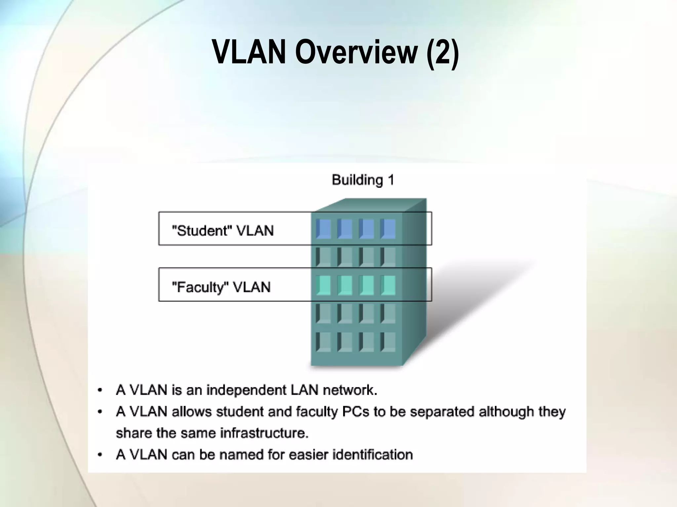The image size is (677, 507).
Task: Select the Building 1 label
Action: pyautogui.click(x=363, y=180)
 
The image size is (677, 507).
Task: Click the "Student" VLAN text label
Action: pyautogui.click(x=223, y=230)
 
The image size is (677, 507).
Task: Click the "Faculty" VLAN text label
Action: pyautogui.click(x=221, y=287)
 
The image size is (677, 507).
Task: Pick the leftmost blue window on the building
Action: pyautogui.click(x=323, y=229)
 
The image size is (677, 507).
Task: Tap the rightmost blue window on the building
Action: pyautogui.click(x=388, y=229)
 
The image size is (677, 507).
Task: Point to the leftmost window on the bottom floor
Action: pyautogui.click(x=323, y=342)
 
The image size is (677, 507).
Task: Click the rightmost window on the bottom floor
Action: pyautogui.click(x=388, y=342)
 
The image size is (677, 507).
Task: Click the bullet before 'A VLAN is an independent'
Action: pyautogui.click(x=100, y=391)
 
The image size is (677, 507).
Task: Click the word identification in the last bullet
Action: pyautogui.click(x=373, y=455)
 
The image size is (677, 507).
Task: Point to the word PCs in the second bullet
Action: pyautogui.click(x=356, y=412)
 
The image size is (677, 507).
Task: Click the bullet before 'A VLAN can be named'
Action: pyautogui.click(x=100, y=455)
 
